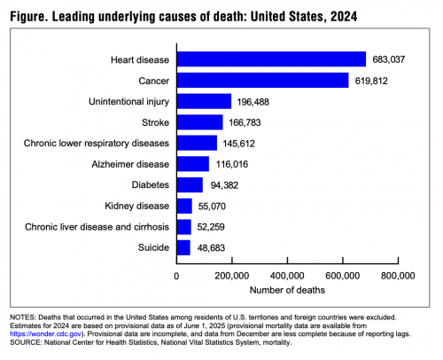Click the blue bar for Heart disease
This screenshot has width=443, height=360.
(x=271, y=59)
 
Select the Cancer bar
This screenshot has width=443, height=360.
(x=263, y=80)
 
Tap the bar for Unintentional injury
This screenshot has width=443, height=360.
(x=204, y=101)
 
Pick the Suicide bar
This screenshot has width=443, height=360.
(x=183, y=247)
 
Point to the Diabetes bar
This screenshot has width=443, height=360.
(x=190, y=185)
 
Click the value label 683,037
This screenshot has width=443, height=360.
(x=388, y=59)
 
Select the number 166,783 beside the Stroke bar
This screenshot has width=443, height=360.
(x=245, y=122)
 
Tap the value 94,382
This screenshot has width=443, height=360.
(x=224, y=185)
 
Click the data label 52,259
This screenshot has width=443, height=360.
(x=211, y=227)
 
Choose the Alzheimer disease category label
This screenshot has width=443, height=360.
(x=130, y=164)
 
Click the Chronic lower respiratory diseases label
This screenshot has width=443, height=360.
(x=97, y=144)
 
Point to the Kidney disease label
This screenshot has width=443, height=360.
(x=137, y=206)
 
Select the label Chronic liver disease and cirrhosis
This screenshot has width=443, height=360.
(x=97, y=227)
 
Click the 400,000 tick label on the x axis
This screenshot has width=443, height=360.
(x=287, y=276)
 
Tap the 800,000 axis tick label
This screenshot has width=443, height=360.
(x=398, y=276)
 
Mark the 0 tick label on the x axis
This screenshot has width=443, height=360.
(x=176, y=276)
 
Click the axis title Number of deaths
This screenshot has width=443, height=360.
(x=287, y=290)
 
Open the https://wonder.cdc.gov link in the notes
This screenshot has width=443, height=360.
(x=46, y=334)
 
